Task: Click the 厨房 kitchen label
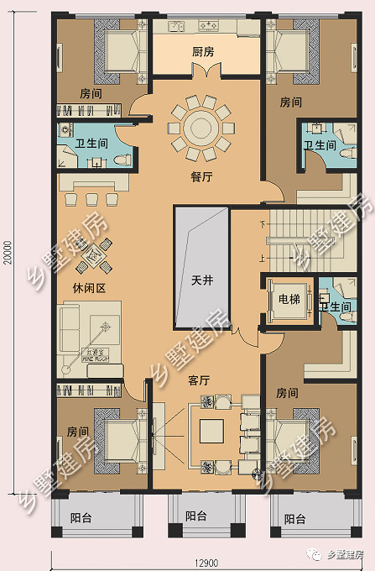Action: coord(202,52)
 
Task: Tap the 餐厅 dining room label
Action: coord(202,176)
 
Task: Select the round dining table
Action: coord(201,128)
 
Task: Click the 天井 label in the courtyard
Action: coord(201,280)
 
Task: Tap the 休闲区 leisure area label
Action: coord(76,288)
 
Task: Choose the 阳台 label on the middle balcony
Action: coord(195,516)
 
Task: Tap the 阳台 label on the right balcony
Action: coord(295,519)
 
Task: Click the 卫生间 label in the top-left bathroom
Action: coord(91,144)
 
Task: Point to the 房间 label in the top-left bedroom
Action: coord(91,95)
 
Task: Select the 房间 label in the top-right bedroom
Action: coord(290,102)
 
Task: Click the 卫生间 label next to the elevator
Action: coord(336,308)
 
